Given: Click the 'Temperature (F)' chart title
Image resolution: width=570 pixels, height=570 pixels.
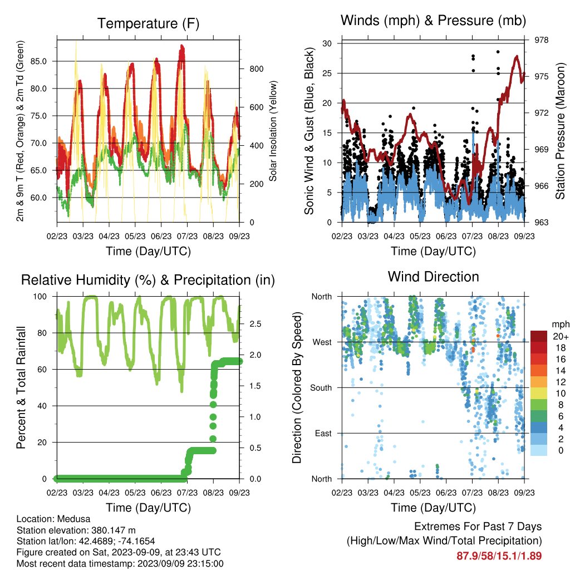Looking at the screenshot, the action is [148, 23].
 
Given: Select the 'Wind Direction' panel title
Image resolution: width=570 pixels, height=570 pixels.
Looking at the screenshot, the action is [433, 277].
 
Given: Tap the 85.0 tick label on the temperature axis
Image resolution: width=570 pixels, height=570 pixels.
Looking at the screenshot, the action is [38, 61].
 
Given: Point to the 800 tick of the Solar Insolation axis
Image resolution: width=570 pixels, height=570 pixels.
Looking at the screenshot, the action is [256, 68].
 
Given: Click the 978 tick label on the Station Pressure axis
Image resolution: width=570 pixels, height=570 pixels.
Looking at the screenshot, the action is [541, 40].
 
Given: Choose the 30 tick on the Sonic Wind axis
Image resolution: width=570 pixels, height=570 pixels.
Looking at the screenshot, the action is [327, 43].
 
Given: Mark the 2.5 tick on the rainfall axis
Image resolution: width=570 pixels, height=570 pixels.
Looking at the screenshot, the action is [255, 323].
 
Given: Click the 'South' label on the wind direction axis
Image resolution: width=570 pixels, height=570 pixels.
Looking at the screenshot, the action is [321, 388].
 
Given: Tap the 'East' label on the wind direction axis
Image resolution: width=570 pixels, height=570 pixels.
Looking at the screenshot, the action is [323, 433].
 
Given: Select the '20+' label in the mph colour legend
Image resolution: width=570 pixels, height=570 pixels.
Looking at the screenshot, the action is [561, 336].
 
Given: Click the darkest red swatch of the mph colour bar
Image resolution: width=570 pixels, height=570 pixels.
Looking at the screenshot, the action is [539, 336].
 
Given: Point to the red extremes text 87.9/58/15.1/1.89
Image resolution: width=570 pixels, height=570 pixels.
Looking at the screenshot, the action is [499, 556].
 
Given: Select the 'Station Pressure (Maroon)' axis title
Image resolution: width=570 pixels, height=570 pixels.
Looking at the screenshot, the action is [560, 131].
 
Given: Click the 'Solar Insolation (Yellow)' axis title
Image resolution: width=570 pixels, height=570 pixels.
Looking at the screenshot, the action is [273, 131].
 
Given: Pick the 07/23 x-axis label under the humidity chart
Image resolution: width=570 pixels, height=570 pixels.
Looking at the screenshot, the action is [187, 493].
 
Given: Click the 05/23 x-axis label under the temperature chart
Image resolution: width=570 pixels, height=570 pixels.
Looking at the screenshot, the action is [135, 236].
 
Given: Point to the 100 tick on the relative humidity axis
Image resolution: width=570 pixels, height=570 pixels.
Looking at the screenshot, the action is [40, 296].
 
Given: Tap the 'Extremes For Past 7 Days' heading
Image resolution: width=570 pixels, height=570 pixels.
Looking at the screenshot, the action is [478, 527].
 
